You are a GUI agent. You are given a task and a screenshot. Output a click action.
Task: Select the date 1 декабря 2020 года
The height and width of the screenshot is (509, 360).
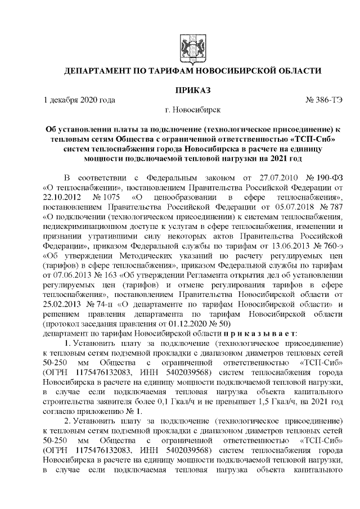pyautogui.click(x=79, y=100)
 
